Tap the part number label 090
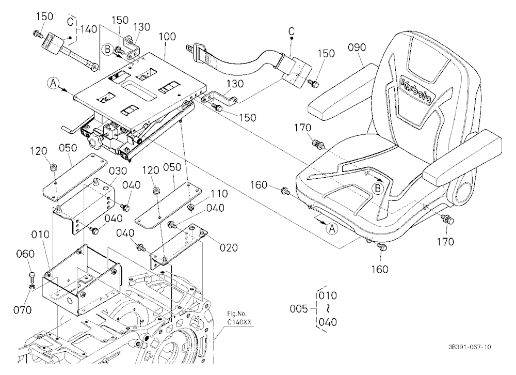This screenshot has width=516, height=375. click(357, 48)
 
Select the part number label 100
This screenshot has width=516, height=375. click(167, 36)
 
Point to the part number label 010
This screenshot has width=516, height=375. click(40, 235)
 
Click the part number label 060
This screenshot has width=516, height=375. click(25, 254)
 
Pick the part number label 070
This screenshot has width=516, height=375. click(22, 310)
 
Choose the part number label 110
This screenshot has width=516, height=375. click(219, 193)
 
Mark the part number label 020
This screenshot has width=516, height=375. click(229, 247)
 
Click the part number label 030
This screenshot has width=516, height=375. click(118, 170)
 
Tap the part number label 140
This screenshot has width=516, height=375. click(89, 29)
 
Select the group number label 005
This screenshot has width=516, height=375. click(299, 309)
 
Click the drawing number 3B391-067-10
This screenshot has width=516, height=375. click(470, 347)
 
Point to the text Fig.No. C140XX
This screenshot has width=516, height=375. click(239, 318)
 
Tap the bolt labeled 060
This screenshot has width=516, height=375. click(31, 275)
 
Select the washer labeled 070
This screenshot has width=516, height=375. click(32, 288)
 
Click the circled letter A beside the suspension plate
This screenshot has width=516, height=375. click(53, 84)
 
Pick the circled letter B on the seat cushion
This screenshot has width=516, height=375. click(378, 189)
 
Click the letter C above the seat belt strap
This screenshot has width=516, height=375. click(291, 32)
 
